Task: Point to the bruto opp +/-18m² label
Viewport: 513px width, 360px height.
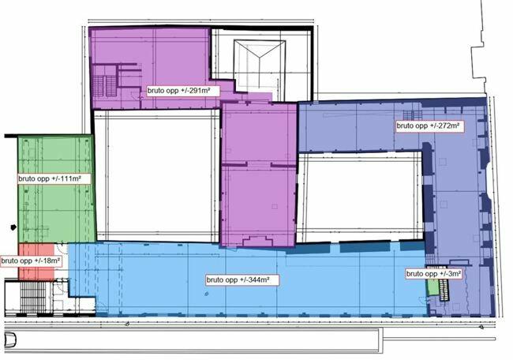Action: click(31, 261)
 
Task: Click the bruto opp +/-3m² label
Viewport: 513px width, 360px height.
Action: click(433, 274)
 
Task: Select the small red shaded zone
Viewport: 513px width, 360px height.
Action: click(36, 262)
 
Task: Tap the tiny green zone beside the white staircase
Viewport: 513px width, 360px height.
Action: click(432, 287)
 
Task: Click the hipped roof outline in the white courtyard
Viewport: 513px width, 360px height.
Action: click(260, 65)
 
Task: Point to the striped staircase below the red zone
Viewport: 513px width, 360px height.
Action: click(32, 298)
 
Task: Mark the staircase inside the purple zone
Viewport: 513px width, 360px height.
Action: click(105, 85)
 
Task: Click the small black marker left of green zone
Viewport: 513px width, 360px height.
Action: click(13, 227)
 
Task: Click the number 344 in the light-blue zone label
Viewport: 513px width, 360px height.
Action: click(253, 280)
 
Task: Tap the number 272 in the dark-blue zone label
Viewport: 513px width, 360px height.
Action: click(444, 126)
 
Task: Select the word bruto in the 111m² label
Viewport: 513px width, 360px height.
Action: click(26, 178)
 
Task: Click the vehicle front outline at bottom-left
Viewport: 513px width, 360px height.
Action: click(9, 340)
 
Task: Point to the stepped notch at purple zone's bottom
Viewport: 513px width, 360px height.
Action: click(257, 242)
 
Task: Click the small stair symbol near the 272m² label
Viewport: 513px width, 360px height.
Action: click(412, 115)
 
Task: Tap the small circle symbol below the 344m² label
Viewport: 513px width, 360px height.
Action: click(207, 294)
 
